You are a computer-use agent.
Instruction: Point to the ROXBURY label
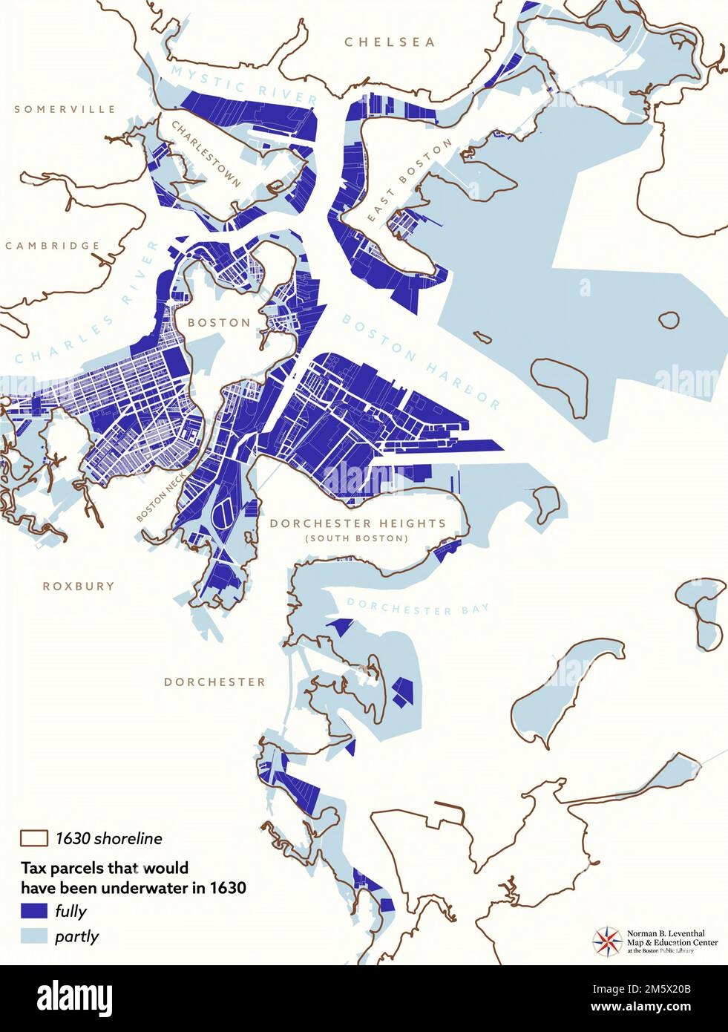pyautogui.click(x=79, y=586)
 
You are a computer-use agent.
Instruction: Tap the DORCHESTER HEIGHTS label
pyautogui.click(x=358, y=523)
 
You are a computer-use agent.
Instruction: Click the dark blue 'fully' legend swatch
pyautogui.click(x=33, y=911)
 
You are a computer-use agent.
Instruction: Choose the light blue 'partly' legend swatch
pyautogui.click(x=33, y=936)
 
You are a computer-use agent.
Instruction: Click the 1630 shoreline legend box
pyautogui.click(x=33, y=839)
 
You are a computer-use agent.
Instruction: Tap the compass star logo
pyautogui.click(x=606, y=941)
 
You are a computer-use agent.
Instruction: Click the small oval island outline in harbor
pyautogui.click(x=669, y=320)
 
